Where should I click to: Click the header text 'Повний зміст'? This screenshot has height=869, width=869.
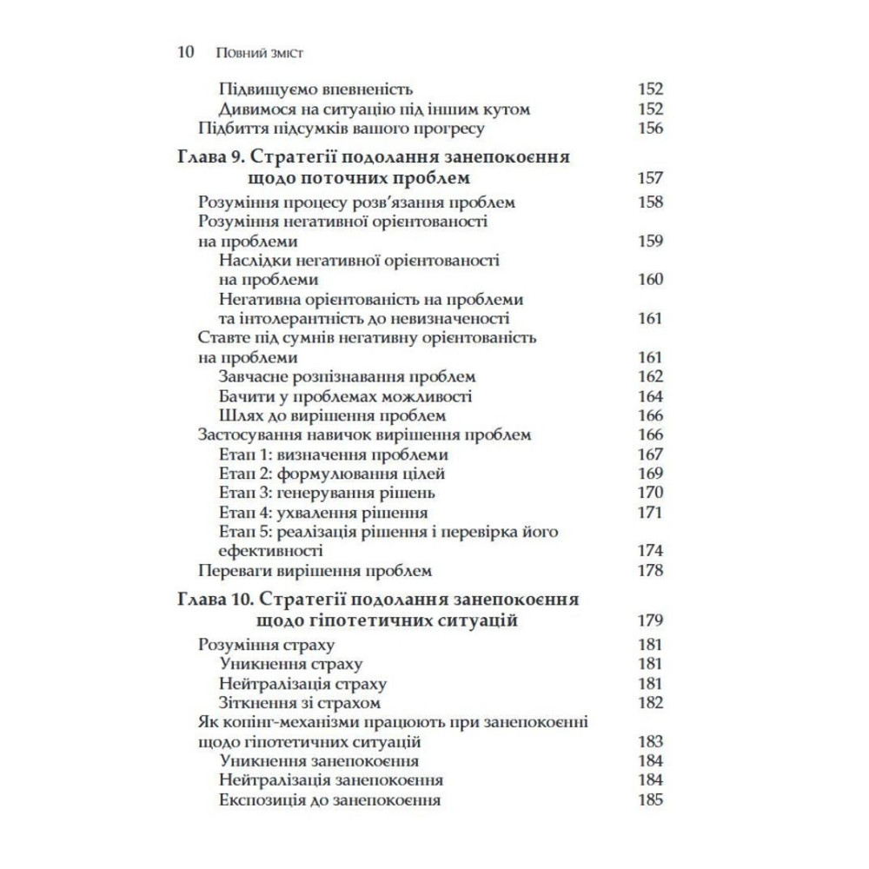coord(257,53)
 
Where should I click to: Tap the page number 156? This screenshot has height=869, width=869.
coord(649,129)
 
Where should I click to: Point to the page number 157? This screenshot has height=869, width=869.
coord(649,178)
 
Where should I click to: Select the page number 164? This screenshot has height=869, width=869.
coord(649,396)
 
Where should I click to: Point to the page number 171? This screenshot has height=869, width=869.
coord(649,513)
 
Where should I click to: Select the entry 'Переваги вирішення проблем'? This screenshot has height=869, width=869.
coord(315,571)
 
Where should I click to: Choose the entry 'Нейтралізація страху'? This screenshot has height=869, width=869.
coord(303,683)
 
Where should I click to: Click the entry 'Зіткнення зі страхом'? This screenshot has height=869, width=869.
coord(301,702)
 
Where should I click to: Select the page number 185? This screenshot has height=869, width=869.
coord(649,800)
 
